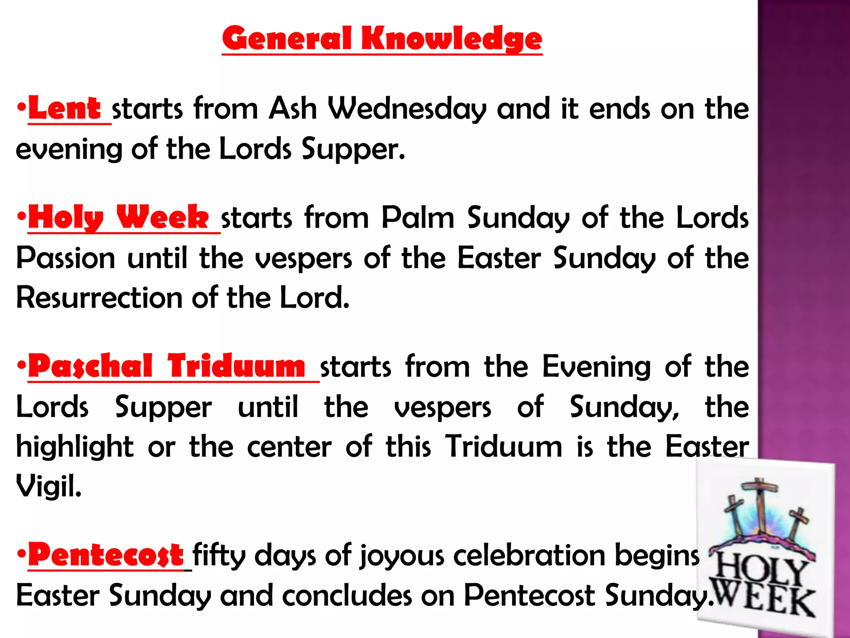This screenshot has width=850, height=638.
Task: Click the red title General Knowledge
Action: [x=382, y=39]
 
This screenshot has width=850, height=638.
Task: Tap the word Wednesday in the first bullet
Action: [x=407, y=109]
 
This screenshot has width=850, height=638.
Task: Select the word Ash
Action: [x=293, y=109]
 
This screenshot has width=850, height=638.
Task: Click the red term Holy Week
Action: [x=118, y=218]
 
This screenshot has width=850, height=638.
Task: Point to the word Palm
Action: [x=418, y=218]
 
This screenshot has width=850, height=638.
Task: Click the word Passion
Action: [x=66, y=258]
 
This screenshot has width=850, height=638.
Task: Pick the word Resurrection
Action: [x=99, y=298]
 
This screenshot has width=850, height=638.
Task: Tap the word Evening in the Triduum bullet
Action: [x=596, y=367]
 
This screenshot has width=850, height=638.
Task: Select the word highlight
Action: [x=75, y=447]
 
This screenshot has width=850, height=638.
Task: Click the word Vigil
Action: [x=49, y=486]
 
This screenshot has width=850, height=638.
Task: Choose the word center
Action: [x=289, y=447]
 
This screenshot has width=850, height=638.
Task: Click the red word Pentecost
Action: [x=106, y=555]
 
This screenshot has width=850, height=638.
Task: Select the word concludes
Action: [x=347, y=595]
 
